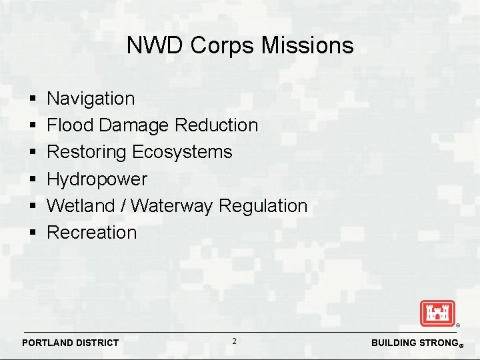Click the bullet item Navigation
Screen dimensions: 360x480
[x=91, y=99]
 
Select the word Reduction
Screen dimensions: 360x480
[x=216, y=125]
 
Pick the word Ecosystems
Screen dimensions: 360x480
[x=182, y=152]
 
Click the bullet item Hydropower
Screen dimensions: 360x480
[x=97, y=179]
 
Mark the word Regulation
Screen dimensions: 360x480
[x=263, y=206]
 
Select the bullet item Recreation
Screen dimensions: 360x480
[x=92, y=233]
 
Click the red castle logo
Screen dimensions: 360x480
[x=437, y=313]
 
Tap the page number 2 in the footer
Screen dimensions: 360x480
[x=234, y=341]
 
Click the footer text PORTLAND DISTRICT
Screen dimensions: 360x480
[x=71, y=343]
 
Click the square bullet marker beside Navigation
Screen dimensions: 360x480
[x=33, y=99]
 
